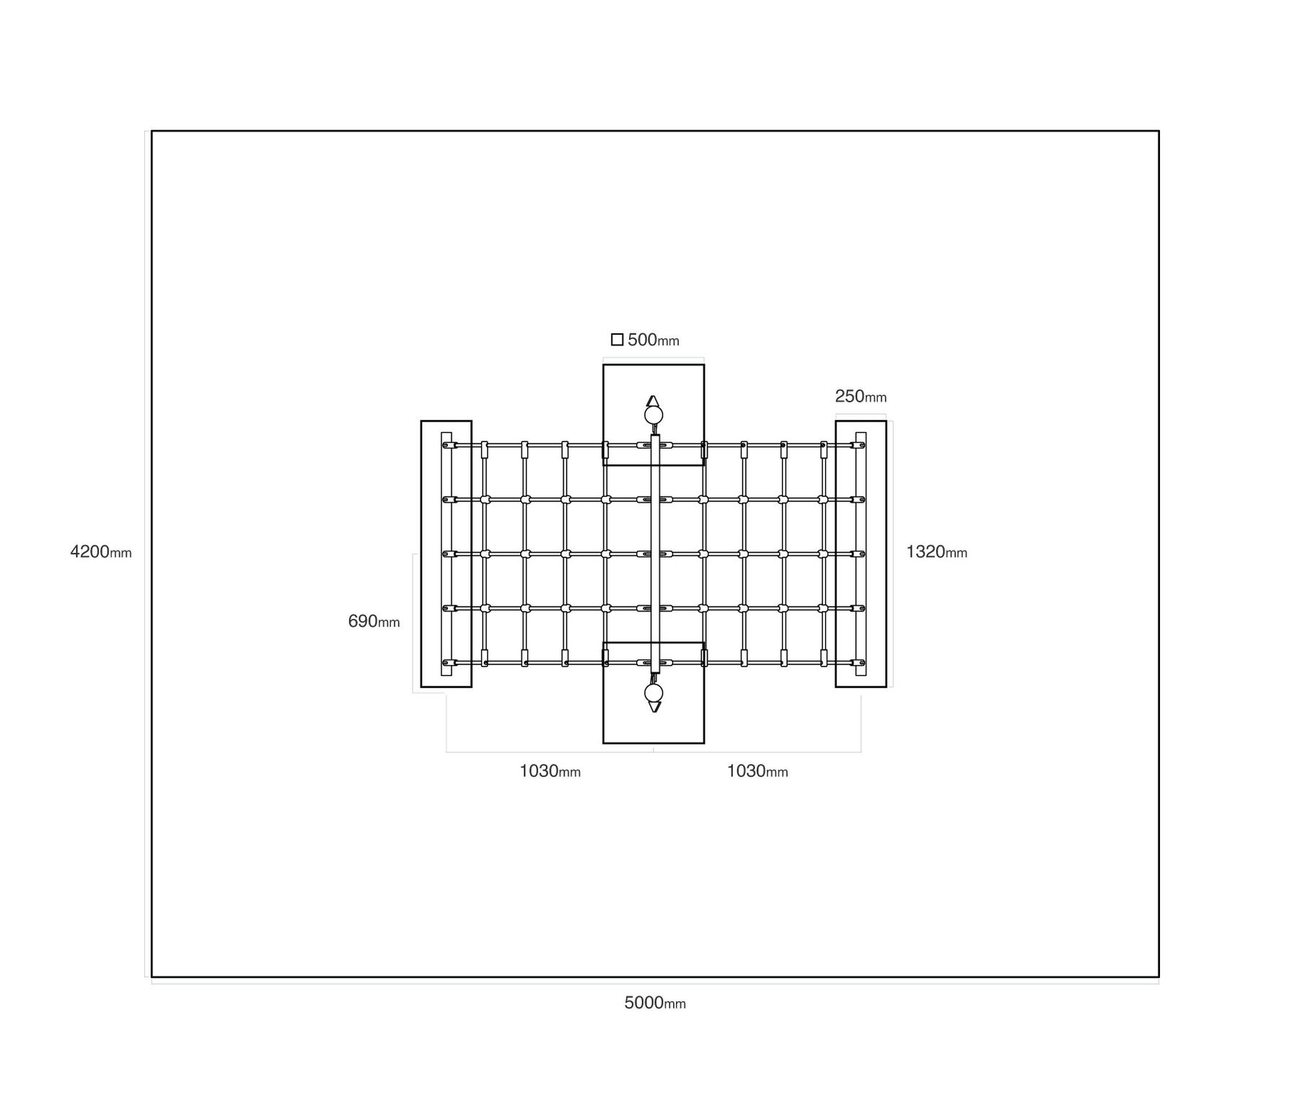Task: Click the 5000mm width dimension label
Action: coord(655,1003)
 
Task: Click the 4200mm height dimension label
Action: coord(101,552)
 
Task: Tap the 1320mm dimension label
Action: coord(936,552)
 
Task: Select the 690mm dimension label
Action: coord(374,621)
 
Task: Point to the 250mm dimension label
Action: coord(861,396)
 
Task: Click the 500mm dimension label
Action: coord(654,340)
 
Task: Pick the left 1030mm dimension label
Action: coord(550,771)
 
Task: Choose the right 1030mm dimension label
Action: coord(757,771)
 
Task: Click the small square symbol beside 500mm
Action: coord(617,340)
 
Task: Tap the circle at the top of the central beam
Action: coord(654,415)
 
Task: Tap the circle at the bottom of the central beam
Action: coord(654,693)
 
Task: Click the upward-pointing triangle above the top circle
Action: coord(653,401)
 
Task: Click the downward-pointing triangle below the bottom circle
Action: coord(654,707)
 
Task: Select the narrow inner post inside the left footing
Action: coord(447,554)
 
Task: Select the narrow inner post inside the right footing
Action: coord(861,554)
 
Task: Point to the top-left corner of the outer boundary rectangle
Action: coord(151,131)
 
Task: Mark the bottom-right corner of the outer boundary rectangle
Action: coord(1159,977)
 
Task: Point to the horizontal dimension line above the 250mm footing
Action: coord(861,414)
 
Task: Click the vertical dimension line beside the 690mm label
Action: coord(413,623)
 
